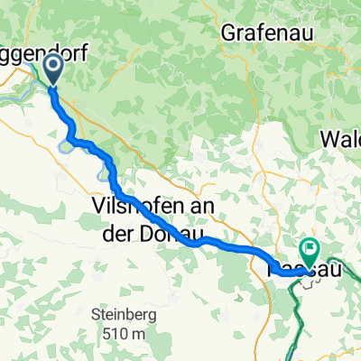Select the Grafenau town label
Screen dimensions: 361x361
pos(262,34)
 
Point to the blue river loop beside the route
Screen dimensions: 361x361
pos(69,143)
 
